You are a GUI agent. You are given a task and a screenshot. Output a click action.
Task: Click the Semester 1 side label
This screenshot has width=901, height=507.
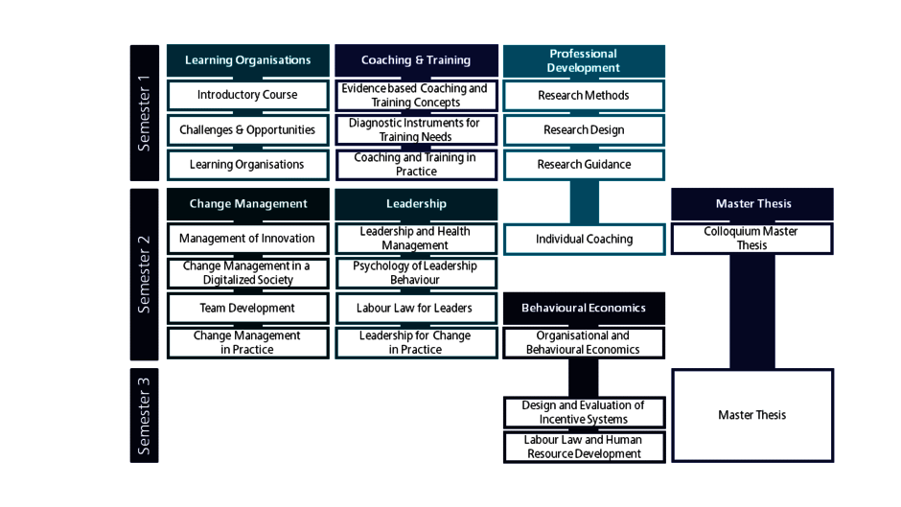[x=144, y=113]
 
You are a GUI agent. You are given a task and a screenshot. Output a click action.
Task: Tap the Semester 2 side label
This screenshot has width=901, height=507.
[x=144, y=274]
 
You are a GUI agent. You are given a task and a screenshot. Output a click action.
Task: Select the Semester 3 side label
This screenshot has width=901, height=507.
[x=144, y=415]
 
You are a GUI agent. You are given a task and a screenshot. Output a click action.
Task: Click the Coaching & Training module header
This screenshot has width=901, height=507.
[x=417, y=60]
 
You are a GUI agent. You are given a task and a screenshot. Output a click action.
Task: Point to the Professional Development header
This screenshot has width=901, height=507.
[x=584, y=60]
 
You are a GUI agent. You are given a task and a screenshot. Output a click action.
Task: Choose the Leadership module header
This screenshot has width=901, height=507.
[x=417, y=204]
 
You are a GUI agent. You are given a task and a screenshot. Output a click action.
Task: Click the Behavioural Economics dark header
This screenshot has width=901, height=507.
[x=584, y=308]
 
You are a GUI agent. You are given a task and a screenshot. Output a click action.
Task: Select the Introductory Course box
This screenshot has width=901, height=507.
[x=247, y=95]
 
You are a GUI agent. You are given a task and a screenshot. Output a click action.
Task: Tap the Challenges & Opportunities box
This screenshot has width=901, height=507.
[x=247, y=130]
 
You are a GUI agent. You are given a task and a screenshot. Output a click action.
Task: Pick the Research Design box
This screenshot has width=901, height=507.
[x=584, y=130]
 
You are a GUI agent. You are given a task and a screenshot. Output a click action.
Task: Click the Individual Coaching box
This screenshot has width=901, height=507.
[x=584, y=240]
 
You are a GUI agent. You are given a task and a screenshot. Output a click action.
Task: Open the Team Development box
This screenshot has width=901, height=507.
[x=247, y=308]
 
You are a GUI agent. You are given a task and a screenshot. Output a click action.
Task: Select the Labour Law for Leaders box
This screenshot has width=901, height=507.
[x=417, y=308]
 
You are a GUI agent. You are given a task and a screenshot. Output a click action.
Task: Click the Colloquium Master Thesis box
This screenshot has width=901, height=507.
[x=752, y=239]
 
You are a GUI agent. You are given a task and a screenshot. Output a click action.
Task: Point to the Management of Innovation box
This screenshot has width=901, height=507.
[x=247, y=239]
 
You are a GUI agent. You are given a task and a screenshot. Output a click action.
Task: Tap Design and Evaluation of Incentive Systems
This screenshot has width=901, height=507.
[x=584, y=412]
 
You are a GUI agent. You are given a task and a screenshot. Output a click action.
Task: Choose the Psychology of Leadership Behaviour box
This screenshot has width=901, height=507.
[x=417, y=273]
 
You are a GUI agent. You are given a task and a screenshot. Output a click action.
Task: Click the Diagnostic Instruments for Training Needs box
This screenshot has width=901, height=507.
[x=417, y=130]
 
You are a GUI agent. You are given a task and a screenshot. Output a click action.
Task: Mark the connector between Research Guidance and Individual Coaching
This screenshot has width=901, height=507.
[x=585, y=202]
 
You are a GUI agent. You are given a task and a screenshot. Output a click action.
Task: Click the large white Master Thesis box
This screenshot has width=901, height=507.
[x=752, y=415]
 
